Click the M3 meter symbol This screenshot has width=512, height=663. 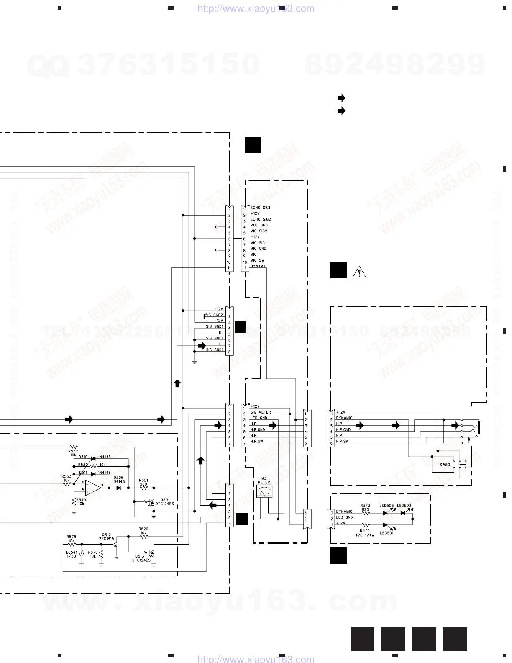[264, 493]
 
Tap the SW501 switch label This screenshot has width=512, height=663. [445, 465]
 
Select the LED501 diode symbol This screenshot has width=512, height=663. [385, 524]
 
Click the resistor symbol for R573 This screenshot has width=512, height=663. [365, 513]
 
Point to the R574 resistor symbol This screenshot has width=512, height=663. [365, 524]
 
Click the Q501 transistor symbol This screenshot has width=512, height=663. [150, 502]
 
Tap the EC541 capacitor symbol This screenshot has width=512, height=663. [82, 553]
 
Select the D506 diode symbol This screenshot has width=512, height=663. [119, 488]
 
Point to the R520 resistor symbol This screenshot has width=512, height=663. [143, 536]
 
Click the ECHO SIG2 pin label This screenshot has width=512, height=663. [261, 219]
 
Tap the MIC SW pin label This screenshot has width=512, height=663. [257, 260]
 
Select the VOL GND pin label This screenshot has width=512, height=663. [259, 225]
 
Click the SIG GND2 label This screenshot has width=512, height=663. [214, 315]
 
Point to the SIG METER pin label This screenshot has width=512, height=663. [261, 412]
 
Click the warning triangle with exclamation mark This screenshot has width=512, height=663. [359, 272]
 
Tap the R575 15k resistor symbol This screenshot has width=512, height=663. [72, 544]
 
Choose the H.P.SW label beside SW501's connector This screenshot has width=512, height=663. [342, 441]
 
